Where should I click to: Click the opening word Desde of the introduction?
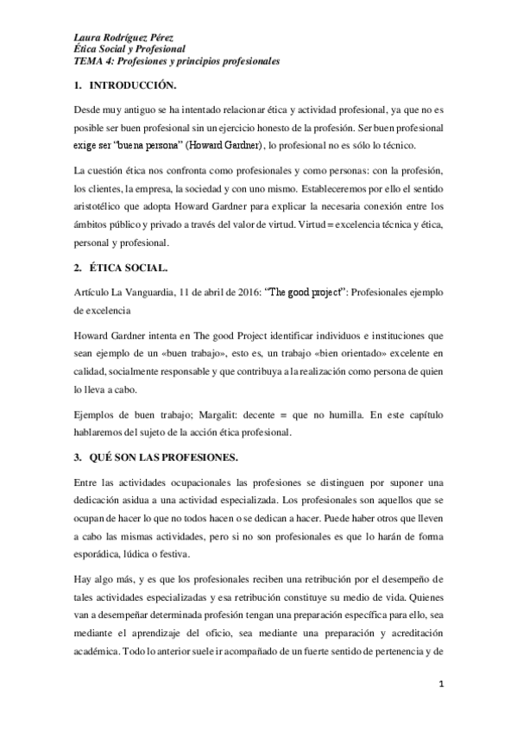pyautogui.click(x=86, y=111)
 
